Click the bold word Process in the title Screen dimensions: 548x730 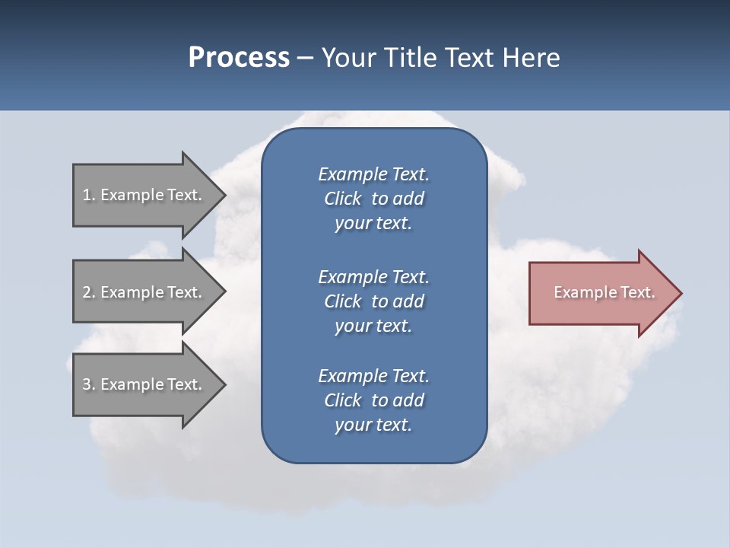[239, 58]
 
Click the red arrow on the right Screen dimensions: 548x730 [601, 292]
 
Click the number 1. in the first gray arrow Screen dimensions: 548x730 [89, 195]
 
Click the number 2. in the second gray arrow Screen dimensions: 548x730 [89, 292]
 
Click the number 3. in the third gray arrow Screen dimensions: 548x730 [89, 384]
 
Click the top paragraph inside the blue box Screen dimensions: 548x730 [373, 199]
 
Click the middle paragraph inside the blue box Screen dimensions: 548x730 [373, 301]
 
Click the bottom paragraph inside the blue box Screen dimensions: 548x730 [373, 400]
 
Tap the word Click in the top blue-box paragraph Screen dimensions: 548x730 [342, 199]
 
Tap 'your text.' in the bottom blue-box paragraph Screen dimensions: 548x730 [373, 425]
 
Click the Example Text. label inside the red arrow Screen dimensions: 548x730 [604, 292]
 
